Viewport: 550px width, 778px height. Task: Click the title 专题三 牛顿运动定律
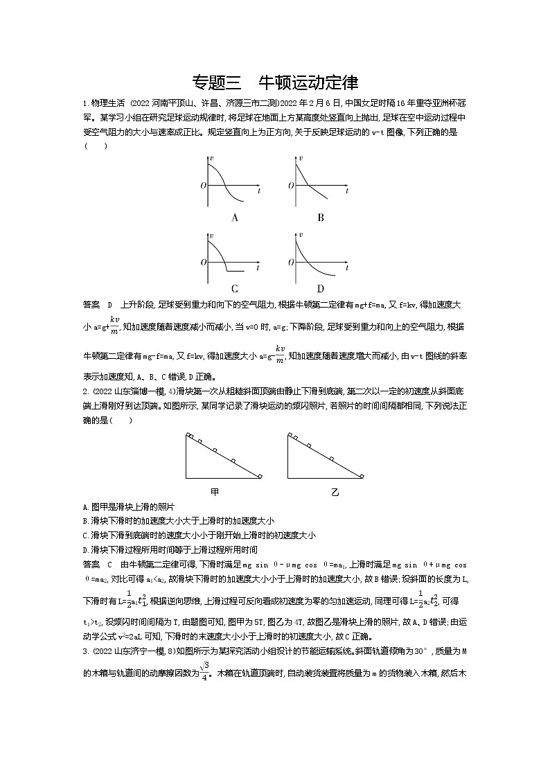click(274, 82)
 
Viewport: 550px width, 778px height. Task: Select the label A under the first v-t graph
click(235, 218)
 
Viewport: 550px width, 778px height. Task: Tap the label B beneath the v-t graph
click(321, 218)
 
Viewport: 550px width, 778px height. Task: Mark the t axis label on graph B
click(344, 188)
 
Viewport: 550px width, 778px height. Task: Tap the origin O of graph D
click(290, 263)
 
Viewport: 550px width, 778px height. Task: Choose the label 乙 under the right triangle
click(335, 491)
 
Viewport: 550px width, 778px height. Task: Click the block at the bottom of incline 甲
click(260, 476)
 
